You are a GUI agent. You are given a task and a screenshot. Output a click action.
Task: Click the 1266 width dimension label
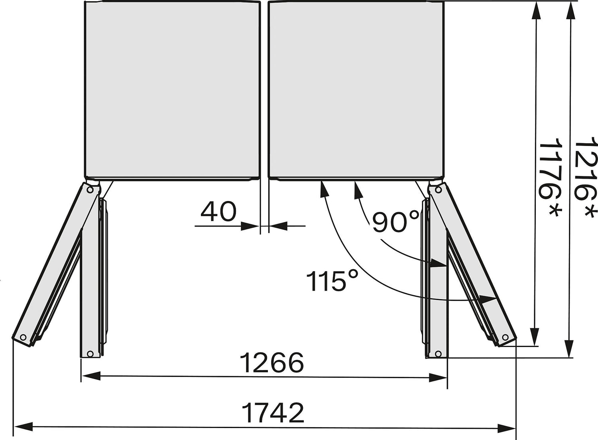pos(272,363)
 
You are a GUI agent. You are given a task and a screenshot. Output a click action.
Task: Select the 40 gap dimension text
pos(218,212)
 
